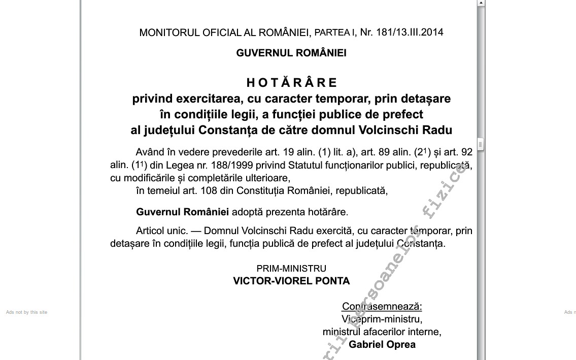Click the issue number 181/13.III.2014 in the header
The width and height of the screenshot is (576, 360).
click(x=410, y=32)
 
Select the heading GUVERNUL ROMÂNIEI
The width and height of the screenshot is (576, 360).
click(x=291, y=53)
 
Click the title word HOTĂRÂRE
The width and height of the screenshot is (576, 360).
click(x=292, y=83)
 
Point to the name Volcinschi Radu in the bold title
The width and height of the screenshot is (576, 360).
click(x=405, y=130)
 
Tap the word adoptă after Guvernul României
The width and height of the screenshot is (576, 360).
click(x=248, y=212)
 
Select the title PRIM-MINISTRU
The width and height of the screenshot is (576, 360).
click(x=291, y=269)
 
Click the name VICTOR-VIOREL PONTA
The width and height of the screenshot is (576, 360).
click(x=291, y=281)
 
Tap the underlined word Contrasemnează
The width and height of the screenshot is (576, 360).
click(x=382, y=307)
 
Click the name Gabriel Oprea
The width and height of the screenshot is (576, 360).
click(x=382, y=345)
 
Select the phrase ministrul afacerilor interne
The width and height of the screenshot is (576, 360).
click(x=381, y=332)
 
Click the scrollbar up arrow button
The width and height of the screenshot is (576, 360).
click(x=481, y=3)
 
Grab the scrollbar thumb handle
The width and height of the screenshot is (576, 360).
click(x=480, y=144)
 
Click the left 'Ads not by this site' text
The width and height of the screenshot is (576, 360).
click(x=26, y=312)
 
